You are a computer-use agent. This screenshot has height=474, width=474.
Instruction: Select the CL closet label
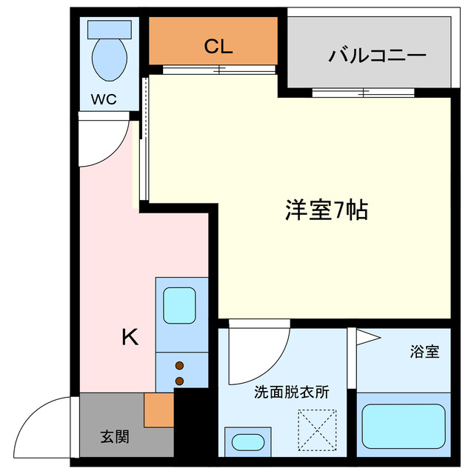(218, 47)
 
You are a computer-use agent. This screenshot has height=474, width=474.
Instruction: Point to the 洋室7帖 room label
(326, 211)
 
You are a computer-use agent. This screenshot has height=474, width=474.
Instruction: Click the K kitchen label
(130, 337)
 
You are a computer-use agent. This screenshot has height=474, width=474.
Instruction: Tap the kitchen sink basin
(178, 304)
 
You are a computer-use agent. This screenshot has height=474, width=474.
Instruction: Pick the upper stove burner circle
(179, 365)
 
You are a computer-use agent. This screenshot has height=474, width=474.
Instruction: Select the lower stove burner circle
(179, 381)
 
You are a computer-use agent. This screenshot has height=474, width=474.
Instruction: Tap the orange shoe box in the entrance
(158, 410)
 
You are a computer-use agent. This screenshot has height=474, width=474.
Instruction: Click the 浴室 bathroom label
(424, 352)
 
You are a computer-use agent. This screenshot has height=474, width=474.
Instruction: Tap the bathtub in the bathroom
(404, 426)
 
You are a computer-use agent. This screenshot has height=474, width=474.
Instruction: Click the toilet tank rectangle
(110, 29)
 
